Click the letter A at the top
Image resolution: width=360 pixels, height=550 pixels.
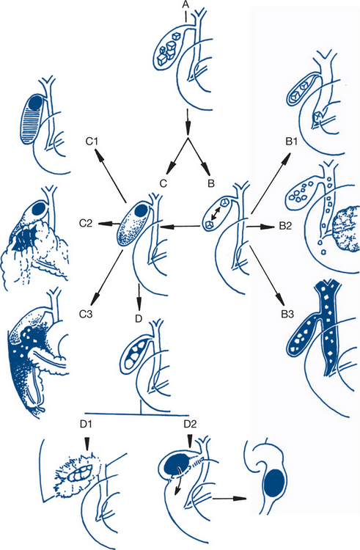click(x=185, y=4)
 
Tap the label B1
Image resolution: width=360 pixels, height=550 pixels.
click(x=291, y=142)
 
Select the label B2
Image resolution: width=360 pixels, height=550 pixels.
click(x=285, y=226)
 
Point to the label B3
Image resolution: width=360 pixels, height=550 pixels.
click(x=287, y=314)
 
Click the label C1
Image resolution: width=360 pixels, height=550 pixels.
click(x=92, y=142)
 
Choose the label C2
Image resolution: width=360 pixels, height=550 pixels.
click(x=86, y=223)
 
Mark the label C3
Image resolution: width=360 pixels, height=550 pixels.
click(x=86, y=314)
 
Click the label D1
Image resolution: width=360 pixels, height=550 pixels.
click(x=86, y=424)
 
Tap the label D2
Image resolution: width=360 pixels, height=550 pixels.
click(x=190, y=424)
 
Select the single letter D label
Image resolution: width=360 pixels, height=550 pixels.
click(x=139, y=319)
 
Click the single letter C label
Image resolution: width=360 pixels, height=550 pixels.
click(x=164, y=183)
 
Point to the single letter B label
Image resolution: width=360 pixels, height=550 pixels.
click(x=211, y=183)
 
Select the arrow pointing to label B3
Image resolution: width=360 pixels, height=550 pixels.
click(x=267, y=275)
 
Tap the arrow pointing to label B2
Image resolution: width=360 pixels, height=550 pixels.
click(x=260, y=227)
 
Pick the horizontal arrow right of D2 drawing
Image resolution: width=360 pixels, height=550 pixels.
click(x=229, y=498)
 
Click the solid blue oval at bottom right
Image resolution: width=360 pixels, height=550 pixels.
click(x=275, y=483)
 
